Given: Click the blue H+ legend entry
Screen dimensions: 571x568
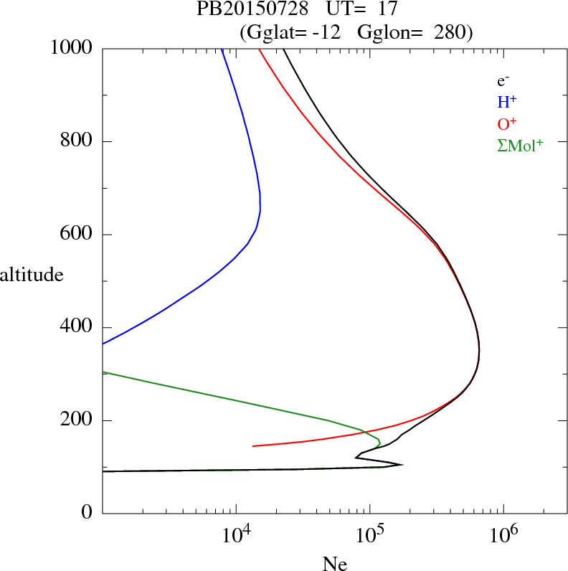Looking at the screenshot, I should point(508,102).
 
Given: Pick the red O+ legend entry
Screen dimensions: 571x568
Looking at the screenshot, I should point(508,123).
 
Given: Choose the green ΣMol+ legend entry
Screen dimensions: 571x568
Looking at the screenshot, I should point(520,145).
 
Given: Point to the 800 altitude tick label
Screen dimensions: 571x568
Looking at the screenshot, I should point(77,141).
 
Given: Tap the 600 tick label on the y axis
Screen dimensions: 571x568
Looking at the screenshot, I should point(77,235).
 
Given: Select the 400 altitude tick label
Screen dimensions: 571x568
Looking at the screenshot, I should point(77,327).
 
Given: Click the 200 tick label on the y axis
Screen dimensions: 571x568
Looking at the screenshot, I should point(77,420).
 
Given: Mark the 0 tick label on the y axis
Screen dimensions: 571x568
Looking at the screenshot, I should point(87,514).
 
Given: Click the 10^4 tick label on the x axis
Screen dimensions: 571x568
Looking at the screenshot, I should point(236,535).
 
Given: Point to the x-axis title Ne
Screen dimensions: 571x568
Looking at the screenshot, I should point(334,564).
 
